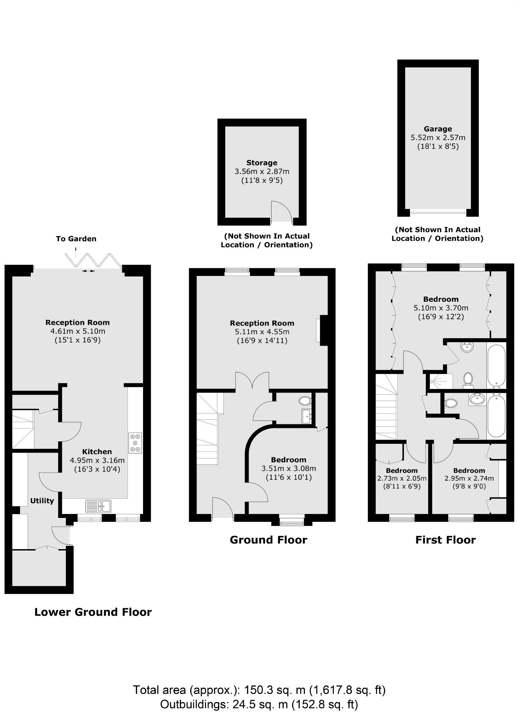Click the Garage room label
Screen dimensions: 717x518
tap(438, 129)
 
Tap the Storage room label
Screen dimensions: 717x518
tap(262, 163)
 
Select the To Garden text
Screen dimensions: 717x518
tap(76, 239)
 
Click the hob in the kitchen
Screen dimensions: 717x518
tap(135, 443)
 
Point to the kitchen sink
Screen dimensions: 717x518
tap(98, 506)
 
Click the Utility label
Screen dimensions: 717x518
tap(42, 501)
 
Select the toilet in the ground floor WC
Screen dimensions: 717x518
tap(304, 401)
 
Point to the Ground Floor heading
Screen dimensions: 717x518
tap(268, 540)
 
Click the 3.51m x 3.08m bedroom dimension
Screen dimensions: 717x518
tap(289, 468)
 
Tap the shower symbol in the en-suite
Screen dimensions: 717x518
tap(439, 381)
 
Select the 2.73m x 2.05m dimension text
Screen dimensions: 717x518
tap(402, 478)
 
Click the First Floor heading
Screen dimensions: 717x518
tap(445, 540)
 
